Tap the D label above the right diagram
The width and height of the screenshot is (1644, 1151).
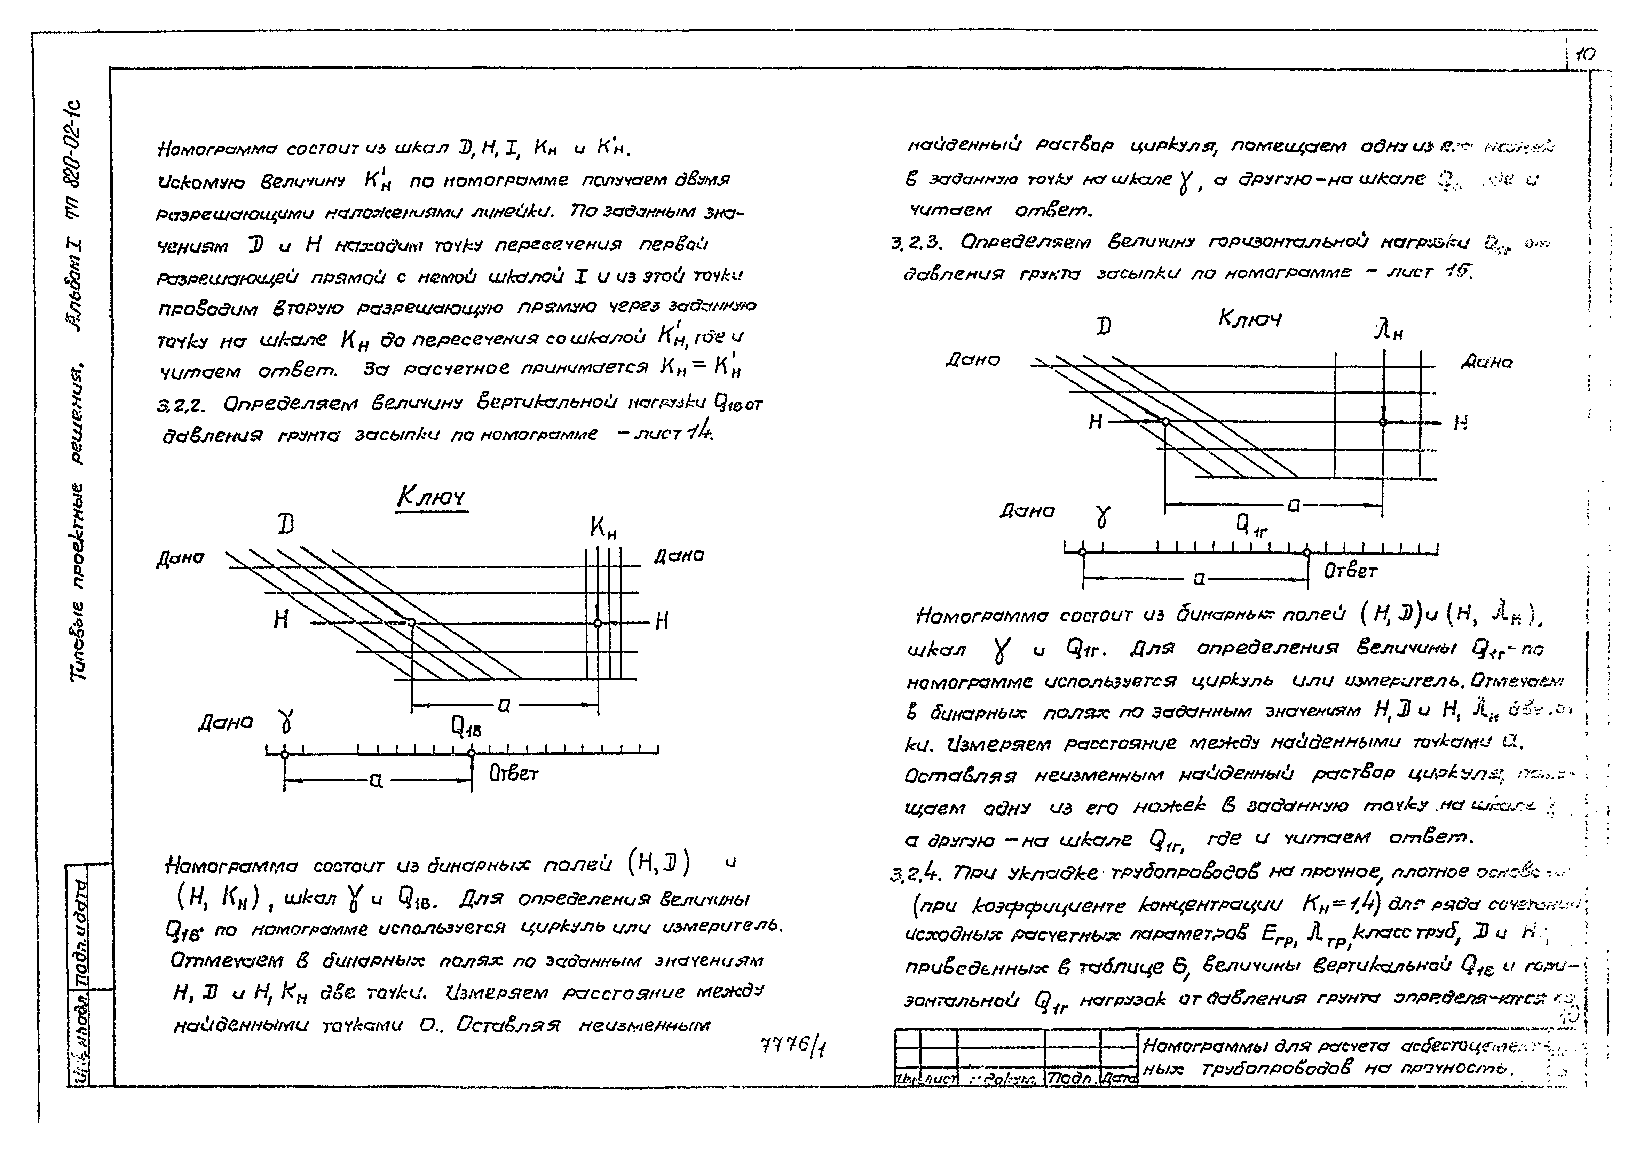[x=1105, y=327]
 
